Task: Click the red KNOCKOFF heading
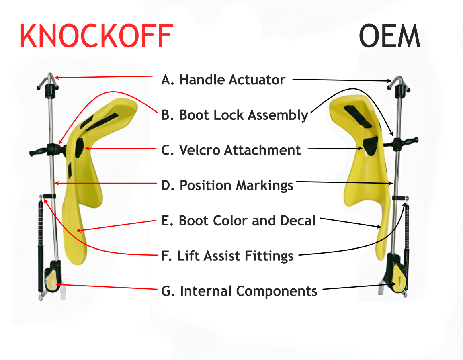coord(96,36)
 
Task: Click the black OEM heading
coord(389,36)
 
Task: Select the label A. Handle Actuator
coord(223,80)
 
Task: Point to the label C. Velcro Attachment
coord(231,150)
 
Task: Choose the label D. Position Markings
coord(227,186)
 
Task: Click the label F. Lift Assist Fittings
coord(227,256)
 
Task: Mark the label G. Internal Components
coord(239,291)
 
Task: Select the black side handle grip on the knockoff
coord(40,152)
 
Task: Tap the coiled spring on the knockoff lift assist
coord(40,221)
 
